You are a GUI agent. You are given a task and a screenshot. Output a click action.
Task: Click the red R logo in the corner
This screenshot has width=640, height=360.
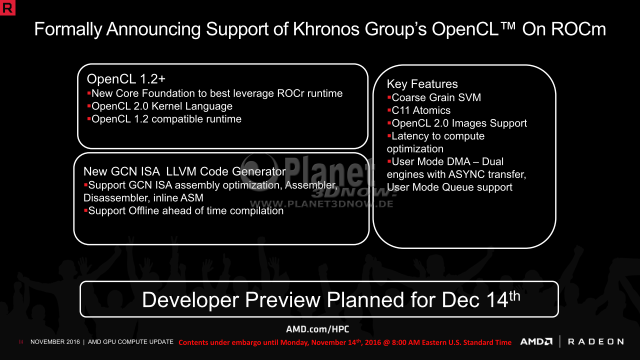(x=7, y=7)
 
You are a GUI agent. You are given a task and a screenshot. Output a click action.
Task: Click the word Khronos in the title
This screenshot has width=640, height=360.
(x=326, y=29)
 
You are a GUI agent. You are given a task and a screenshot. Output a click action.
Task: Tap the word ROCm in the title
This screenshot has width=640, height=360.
(x=578, y=29)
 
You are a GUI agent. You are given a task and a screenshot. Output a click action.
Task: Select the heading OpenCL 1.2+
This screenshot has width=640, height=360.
(x=126, y=79)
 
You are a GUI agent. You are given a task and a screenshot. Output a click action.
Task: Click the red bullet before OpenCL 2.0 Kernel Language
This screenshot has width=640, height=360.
(x=89, y=105)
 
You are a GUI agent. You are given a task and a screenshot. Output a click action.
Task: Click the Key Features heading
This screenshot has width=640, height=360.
(x=422, y=84)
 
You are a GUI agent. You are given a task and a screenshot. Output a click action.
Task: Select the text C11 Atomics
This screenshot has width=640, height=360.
(x=421, y=110)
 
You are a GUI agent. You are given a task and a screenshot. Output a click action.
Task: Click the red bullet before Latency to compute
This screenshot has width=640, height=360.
(x=389, y=135)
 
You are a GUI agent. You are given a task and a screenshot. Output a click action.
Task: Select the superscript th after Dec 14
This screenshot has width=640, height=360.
(x=514, y=296)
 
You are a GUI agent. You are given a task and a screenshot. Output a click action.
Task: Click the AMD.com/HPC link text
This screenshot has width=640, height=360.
(x=317, y=329)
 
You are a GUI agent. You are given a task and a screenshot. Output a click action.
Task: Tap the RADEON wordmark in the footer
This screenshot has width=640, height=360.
(x=595, y=341)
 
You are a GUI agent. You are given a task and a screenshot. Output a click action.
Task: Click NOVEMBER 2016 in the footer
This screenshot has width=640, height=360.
(x=55, y=342)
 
